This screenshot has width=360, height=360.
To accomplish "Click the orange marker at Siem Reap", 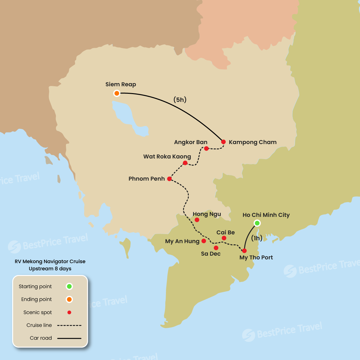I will [117, 93].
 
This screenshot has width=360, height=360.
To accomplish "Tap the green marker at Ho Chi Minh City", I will [257, 223].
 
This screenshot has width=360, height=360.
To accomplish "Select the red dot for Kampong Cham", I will [223, 142].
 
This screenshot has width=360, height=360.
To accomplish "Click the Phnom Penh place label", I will [147, 179].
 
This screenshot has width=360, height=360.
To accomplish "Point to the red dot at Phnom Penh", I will [169, 179].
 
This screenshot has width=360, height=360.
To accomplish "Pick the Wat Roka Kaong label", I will [167, 157].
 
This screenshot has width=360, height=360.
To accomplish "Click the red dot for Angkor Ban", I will [206, 148].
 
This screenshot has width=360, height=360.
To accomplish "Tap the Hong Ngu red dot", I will [197, 220].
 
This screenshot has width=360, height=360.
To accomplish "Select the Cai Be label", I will [225, 232].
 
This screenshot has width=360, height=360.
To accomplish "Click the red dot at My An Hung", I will [204, 241].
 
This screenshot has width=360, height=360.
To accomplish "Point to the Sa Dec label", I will [211, 254].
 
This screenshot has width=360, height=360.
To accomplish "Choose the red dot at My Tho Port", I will [244, 251].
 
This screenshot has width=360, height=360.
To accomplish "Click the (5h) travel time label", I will [180, 100].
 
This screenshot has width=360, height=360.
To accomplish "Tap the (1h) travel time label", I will [257, 238].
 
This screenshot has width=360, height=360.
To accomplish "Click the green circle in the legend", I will [69, 286].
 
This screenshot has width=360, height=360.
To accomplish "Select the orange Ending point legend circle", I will [69, 299].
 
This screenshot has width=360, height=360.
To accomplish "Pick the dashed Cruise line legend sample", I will [69, 325].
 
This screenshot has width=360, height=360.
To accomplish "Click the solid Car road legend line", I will [69, 338].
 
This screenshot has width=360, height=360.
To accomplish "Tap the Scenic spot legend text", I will [37, 312].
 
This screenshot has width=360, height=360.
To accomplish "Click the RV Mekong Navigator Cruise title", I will [50, 262].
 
